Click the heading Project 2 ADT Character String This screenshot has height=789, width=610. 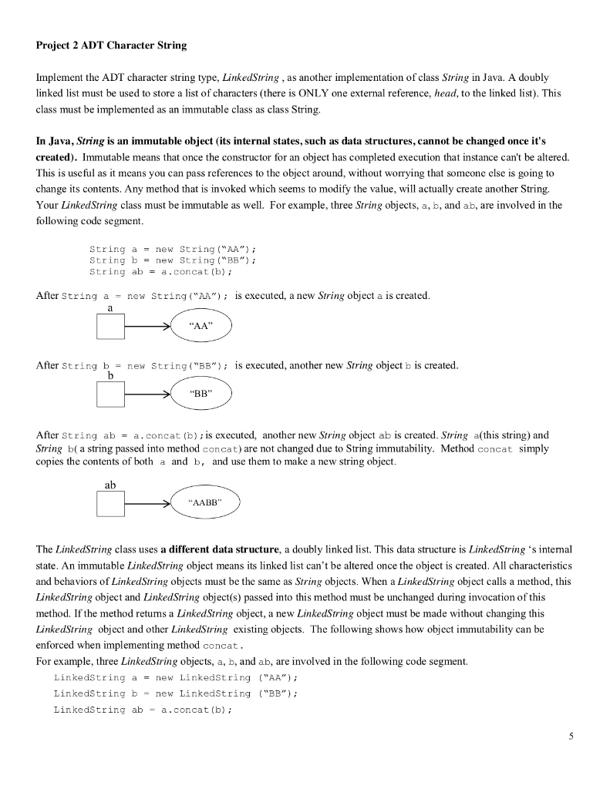coord(111,45)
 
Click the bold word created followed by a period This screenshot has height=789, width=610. coord(56,157)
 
